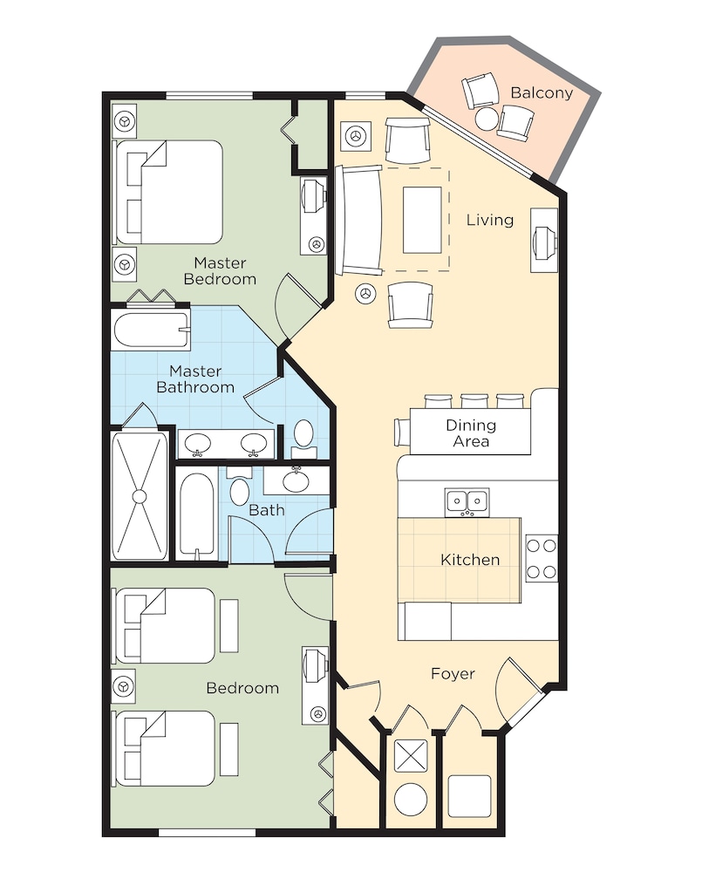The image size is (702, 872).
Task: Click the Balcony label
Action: [x=542, y=92]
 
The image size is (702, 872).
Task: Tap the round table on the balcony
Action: [x=487, y=119]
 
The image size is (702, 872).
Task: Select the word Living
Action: [x=489, y=220]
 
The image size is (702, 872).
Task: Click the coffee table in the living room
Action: [x=422, y=221]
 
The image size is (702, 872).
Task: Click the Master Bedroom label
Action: [x=220, y=271]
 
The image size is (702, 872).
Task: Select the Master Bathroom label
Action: [x=195, y=378]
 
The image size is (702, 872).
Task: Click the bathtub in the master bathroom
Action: [x=152, y=330]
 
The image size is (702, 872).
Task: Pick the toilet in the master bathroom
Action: [x=303, y=435]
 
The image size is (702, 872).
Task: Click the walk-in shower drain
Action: [x=140, y=496]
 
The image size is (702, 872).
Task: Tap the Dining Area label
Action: [x=471, y=433]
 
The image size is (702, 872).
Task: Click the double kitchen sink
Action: [x=467, y=502]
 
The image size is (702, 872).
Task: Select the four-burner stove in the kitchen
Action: [x=542, y=558]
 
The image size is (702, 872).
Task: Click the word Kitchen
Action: [x=470, y=560]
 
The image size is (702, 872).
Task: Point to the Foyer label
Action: [x=453, y=674]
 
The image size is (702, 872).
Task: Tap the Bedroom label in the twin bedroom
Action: [x=242, y=688]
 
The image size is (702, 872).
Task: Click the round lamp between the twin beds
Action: [x=124, y=687]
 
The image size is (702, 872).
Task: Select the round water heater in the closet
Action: [x=411, y=799]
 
